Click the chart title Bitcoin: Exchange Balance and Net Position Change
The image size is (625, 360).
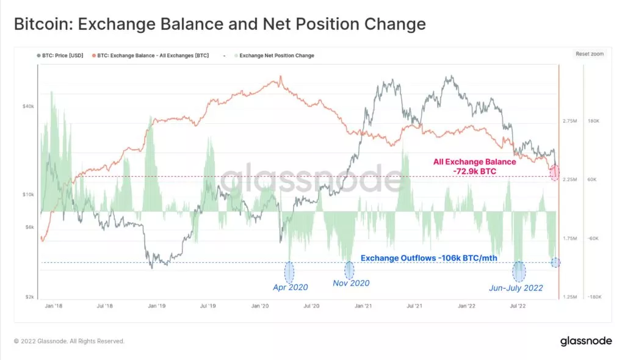(x=219, y=24)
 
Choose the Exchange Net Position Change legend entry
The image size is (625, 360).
(x=276, y=56)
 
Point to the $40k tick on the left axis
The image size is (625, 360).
(x=28, y=106)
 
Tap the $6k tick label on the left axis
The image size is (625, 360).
(x=29, y=227)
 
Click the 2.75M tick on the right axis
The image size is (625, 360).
(x=569, y=121)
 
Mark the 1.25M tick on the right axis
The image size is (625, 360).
(x=569, y=297)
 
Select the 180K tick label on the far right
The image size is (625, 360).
(x=593, y=121)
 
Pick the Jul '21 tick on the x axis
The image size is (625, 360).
(x=416, y=305)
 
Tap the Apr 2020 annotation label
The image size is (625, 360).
(x=290, y=287)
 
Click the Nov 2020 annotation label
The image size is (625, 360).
(x=351, y=283)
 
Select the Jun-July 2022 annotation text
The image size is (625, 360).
(x=516, y=287)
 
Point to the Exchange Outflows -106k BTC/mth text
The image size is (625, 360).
(x=428, y=258)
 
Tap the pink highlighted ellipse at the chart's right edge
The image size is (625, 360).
(x=554, y=172)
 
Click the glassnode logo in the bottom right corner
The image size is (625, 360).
(x=586, y=341)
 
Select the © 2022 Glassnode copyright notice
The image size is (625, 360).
(x=69, y=341)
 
